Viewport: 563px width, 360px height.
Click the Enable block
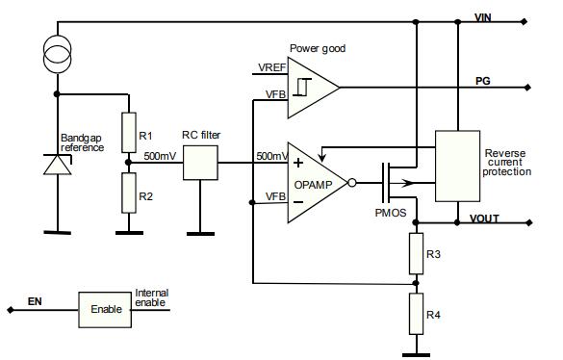coord(105,309)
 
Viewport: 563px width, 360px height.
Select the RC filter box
coord(200,163)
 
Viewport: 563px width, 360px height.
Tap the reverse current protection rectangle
coord(457,166)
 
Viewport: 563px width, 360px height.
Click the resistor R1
coord(129,133)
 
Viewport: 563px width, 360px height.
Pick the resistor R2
coord(129,193)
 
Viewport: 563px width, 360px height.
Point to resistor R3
coord(416,254)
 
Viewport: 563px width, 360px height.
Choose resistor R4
coord(416,314)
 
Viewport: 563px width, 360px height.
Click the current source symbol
coord(57,54)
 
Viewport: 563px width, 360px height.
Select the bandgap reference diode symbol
coord(58,165)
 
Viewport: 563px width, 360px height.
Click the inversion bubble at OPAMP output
coord(352,183)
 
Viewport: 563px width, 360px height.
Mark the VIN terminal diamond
coord(525,22)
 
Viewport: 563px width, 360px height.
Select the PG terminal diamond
coord(527,88)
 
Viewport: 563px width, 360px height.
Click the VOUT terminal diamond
coord(529,222)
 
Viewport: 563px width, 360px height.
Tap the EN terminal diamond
coord(11,310)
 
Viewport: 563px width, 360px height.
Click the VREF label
coord(272,67)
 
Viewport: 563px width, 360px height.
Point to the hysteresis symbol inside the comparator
coord(302,87)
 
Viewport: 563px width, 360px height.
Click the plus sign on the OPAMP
coord(298,163)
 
